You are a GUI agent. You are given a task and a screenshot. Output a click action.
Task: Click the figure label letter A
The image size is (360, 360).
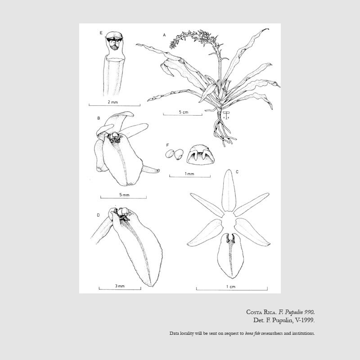click(x=164, y=35)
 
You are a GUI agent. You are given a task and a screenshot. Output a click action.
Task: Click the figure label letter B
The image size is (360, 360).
click(x=99, y=118)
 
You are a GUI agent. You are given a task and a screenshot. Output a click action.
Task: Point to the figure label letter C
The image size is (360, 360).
click(x=237, y=172)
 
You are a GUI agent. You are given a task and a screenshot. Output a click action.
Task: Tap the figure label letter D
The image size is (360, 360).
click(x=98, y=215)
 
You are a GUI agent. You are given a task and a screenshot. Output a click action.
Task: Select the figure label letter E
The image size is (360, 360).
click(x=101, y=33)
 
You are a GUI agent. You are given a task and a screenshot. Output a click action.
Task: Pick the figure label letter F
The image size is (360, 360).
click(x=167, y=145)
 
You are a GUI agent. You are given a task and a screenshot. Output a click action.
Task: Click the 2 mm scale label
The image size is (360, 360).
click(x=113, y=102)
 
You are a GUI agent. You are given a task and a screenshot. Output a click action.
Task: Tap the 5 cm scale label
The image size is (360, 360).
click(x=184, y=112)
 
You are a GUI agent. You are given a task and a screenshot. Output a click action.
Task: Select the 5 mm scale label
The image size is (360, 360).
click(x=124, y=195)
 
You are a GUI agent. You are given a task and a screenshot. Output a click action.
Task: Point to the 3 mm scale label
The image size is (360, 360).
click(x=120, y=286)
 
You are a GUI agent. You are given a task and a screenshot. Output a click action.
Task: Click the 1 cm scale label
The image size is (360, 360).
click(x=231, y=287)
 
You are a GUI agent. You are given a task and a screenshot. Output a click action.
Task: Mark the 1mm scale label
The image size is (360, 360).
click(x=189, y=174)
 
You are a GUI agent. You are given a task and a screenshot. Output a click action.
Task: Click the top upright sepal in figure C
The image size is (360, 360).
click(x=229, y=190)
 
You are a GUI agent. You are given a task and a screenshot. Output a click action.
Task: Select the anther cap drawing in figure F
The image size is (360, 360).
click(x=201, y=155)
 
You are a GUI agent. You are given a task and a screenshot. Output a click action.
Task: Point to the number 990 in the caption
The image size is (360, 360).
click(x=309, y=312)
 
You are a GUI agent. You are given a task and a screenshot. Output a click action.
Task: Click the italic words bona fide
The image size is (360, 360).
click(x=252, y=333)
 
